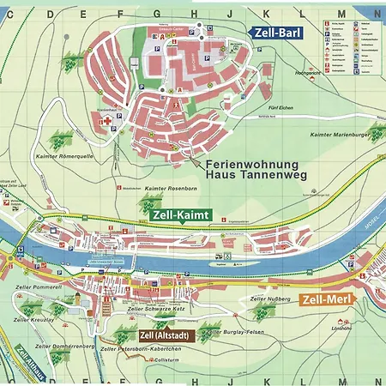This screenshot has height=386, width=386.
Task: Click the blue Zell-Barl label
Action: point(278,32)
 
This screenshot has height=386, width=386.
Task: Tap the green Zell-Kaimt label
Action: point(179,215)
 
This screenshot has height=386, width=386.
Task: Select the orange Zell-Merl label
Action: point(327,299)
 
